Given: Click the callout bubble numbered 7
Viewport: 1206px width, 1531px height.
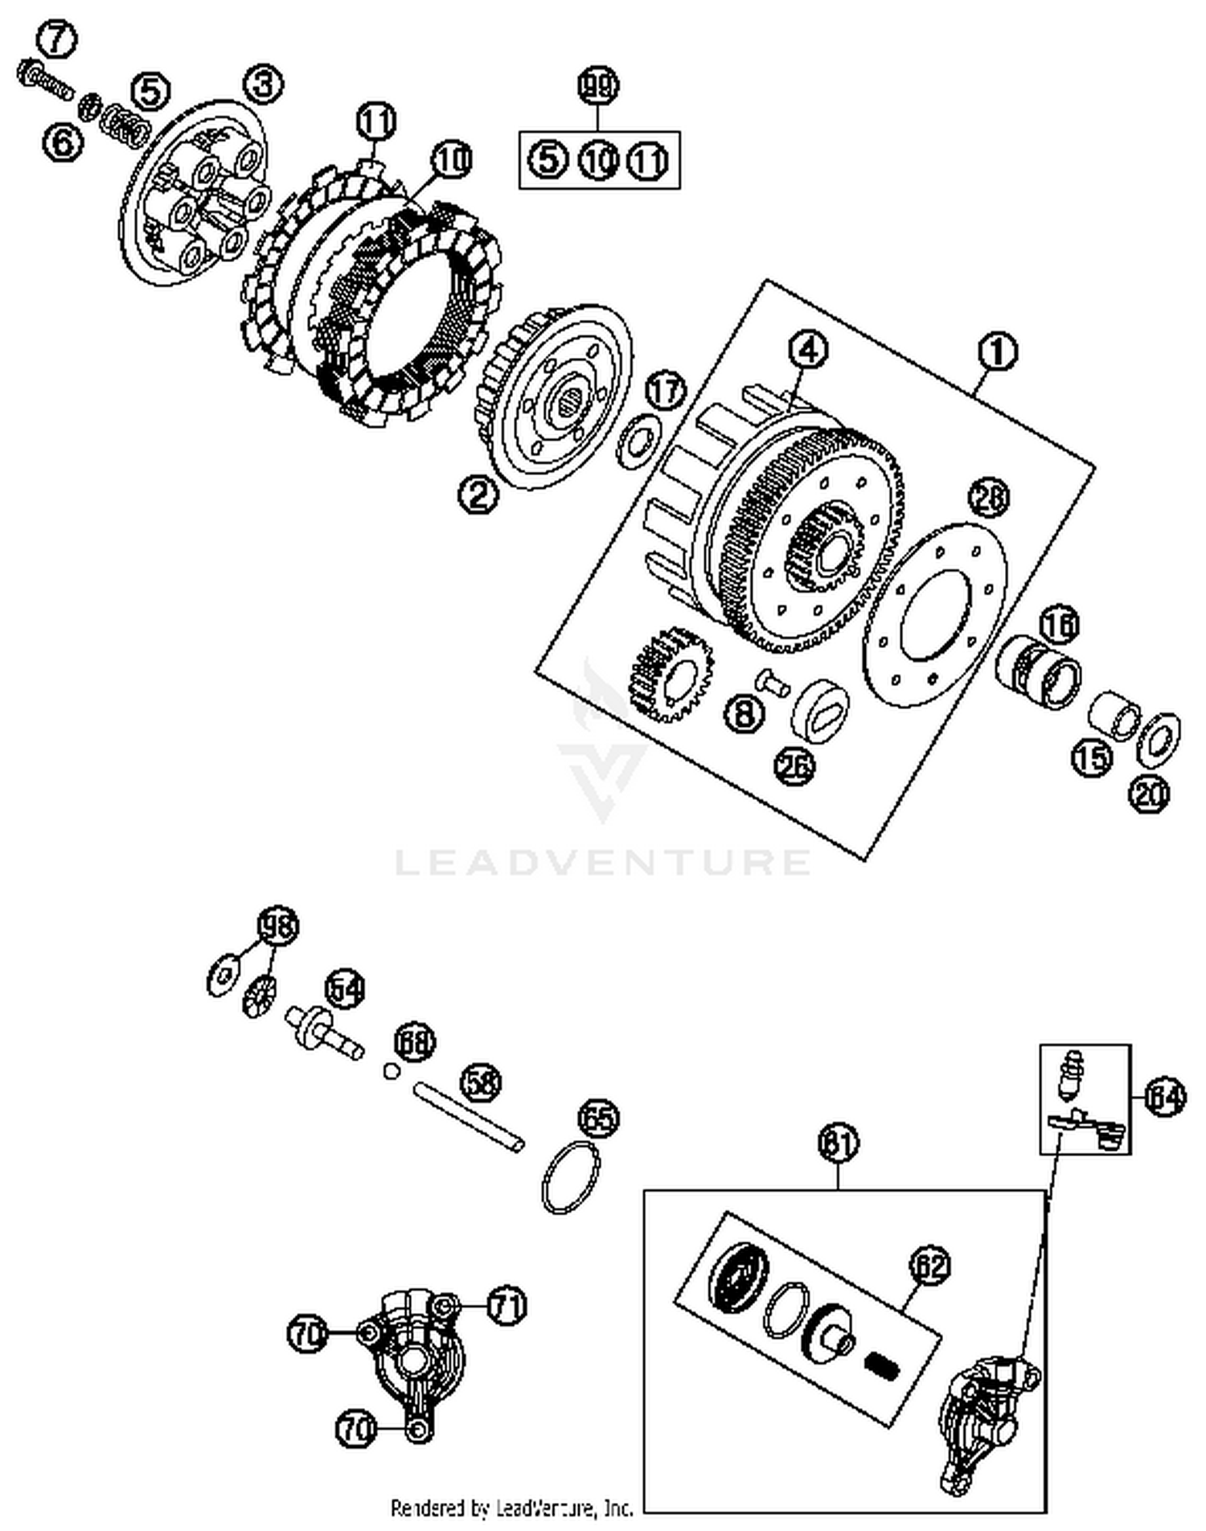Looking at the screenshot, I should (56, 40).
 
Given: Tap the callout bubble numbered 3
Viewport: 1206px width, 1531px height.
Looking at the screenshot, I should (265, 84).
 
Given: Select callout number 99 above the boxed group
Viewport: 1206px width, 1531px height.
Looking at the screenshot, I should (598, 86).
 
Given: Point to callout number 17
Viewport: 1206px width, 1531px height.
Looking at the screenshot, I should (666, 392).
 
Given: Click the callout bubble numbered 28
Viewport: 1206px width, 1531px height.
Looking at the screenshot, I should (989, 499).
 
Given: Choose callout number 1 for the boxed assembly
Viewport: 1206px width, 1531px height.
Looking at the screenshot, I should (997, 352).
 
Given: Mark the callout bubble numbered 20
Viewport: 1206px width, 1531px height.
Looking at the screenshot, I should (1149, 794).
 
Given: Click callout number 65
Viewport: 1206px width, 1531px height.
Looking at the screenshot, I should (599, 1118).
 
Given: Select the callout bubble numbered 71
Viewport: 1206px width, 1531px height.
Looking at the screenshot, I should (506, 1304).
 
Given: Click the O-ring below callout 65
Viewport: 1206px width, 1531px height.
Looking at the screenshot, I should (572, 1177).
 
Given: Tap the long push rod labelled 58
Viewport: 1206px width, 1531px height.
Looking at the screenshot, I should (469, 1117).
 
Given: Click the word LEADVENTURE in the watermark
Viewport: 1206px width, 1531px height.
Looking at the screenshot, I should (603, 862).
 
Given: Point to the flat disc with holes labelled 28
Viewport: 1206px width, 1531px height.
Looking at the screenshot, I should (934, 615).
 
